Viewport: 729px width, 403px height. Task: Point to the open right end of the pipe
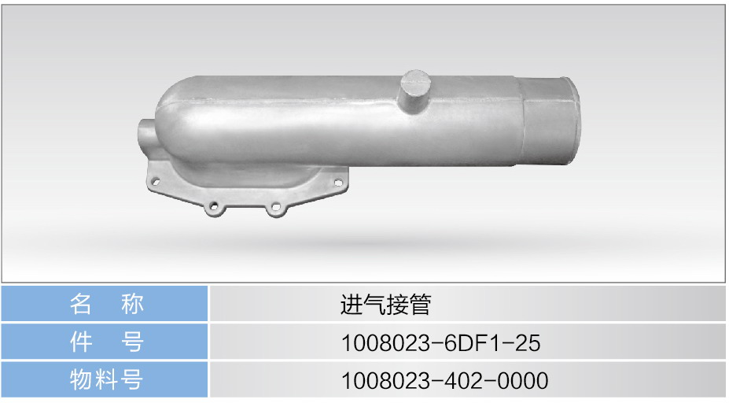(x=570, y=121)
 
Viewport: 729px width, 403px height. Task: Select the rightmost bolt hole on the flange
(x=338, y=183)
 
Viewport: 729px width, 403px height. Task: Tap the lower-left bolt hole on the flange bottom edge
(x=213, y=206)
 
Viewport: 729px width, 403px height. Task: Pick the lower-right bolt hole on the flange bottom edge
(x=276, y=207)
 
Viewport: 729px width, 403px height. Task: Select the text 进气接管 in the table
(x=385, y=305)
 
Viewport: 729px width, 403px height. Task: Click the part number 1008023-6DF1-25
(x=440, y=343)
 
